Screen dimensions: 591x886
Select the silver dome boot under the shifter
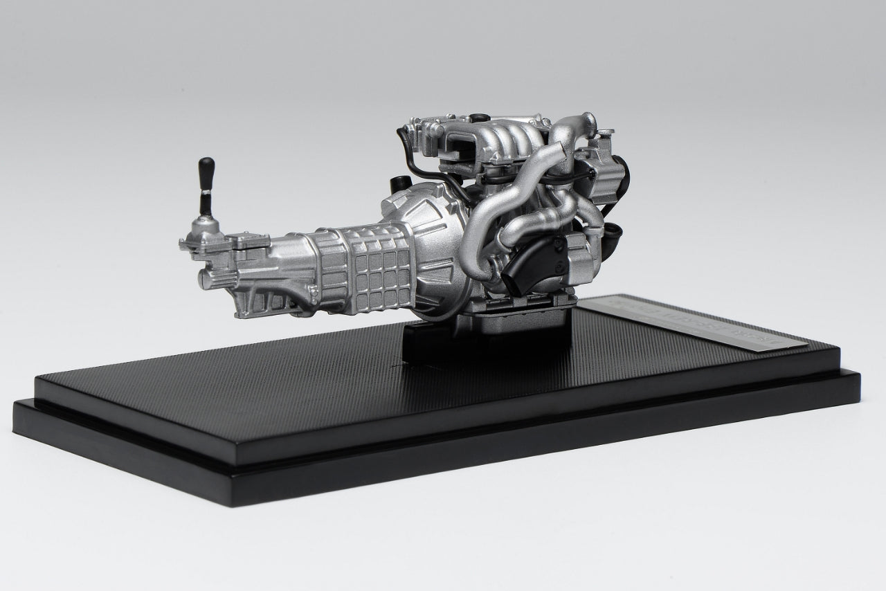pos(206,226)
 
